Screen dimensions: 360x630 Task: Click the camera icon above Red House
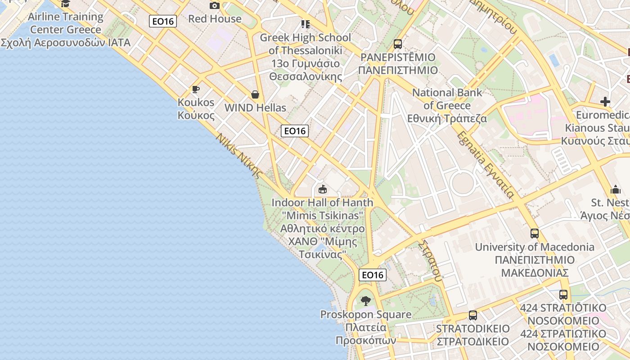point(215,5)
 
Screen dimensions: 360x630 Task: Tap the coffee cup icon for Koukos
point(195,90)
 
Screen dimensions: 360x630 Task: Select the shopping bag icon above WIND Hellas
point(255,94)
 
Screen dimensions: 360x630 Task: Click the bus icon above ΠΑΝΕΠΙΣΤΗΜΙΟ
point(398,44)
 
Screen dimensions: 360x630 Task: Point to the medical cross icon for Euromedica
point(605,102)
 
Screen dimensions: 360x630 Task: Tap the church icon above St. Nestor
point(616,189)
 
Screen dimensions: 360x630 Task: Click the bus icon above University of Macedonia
point(535,234)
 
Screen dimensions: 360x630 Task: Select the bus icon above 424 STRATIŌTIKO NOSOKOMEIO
point(563,295)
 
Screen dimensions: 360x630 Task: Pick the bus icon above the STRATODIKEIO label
point(472,315)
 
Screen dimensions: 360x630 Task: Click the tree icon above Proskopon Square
point(366,301)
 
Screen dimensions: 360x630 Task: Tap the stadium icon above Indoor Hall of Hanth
point(322,189)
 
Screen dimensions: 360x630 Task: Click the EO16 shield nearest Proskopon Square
point(373,274)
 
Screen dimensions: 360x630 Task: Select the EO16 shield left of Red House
point(163,21)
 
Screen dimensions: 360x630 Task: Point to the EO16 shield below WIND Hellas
point(295,131)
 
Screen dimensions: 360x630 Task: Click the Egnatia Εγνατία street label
point(485,165)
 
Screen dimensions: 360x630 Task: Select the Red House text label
point(215,19)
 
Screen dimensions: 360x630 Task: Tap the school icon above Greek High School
point(306,24)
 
